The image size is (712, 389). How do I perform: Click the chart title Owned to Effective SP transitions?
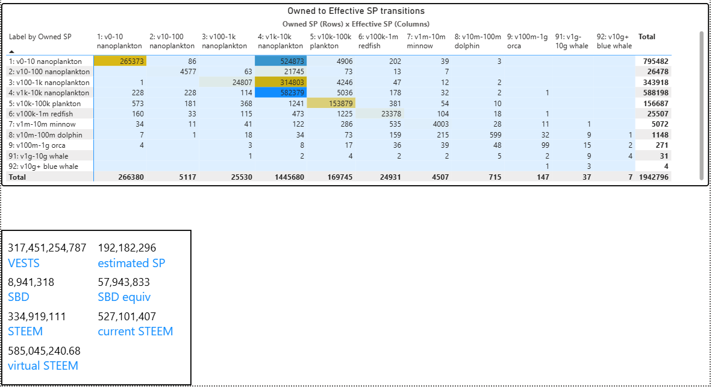355,11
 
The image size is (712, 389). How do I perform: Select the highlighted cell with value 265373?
120,62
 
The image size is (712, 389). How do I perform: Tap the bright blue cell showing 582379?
281,93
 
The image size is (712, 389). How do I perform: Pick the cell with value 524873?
281,62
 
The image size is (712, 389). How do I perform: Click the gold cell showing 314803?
281,82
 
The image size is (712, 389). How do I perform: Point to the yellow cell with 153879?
332,103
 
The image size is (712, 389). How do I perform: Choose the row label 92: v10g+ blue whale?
43,166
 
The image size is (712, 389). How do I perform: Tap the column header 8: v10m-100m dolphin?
478,41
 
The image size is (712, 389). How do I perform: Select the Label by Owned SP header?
40,37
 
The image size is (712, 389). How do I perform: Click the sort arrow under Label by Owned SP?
12,52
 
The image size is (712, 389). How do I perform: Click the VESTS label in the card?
23,264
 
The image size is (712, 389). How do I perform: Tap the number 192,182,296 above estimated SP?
127,248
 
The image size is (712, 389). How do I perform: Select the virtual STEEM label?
43,365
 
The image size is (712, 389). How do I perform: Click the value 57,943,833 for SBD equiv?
124,282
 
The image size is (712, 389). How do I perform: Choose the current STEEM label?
136,331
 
